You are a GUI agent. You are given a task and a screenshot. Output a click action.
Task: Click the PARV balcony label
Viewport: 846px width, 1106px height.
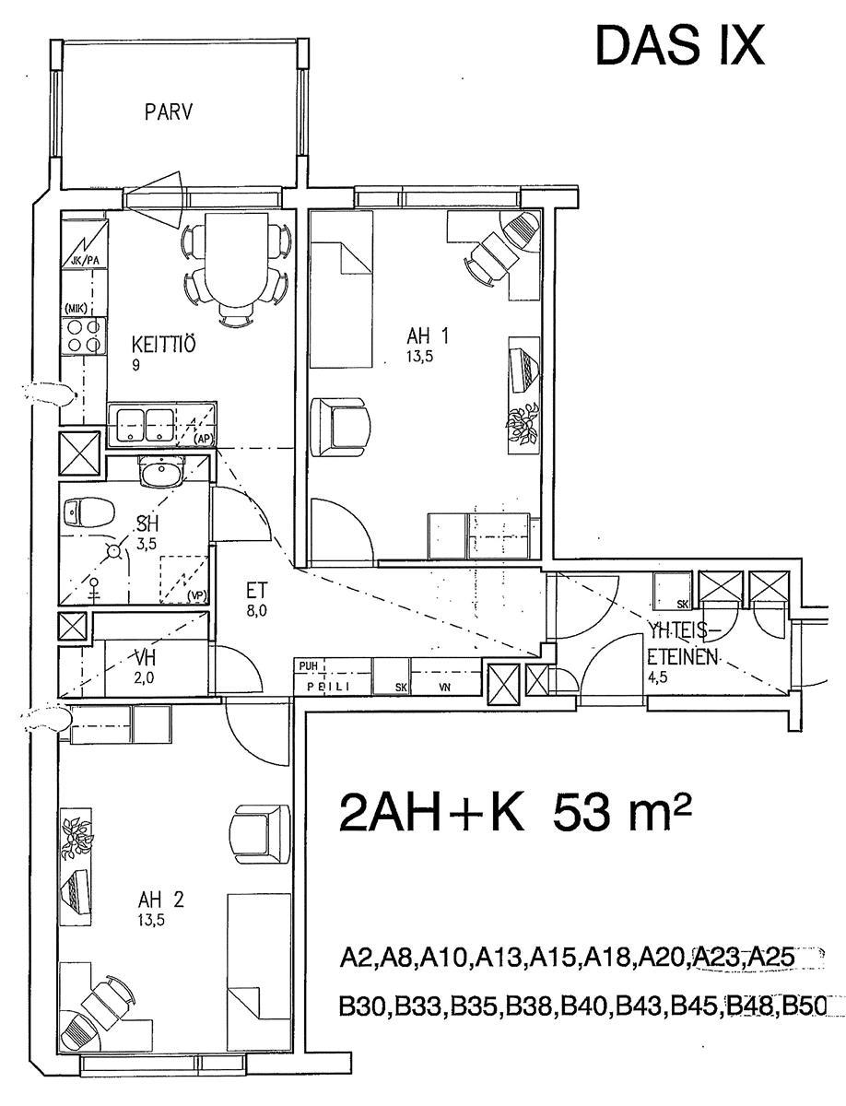(x=169, y=112)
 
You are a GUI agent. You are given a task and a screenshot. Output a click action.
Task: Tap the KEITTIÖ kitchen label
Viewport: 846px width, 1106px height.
(x=163, y=345)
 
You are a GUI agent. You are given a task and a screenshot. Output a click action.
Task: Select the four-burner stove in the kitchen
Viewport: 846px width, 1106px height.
(x=84, y=336)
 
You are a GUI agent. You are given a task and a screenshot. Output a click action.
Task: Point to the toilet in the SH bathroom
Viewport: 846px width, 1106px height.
(x=88, y=512)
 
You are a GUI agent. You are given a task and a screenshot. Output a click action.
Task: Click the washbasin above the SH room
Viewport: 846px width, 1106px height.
(x=161, y=471)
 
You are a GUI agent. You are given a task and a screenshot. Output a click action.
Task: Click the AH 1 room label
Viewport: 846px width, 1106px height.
(x=428, y=335)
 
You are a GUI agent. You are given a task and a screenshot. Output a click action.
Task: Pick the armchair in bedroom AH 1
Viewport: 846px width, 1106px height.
(x=340, y=427)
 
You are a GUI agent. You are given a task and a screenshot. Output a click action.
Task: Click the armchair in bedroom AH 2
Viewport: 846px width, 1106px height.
(x=260, y=833)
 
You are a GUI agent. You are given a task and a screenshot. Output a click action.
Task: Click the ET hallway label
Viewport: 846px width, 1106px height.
(x=256, y=590)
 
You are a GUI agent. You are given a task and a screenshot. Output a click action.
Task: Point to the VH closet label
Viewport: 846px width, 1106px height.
(x=144, y=658)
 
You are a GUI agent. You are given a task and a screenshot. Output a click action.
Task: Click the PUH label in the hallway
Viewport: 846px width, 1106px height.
(x=308, y=666)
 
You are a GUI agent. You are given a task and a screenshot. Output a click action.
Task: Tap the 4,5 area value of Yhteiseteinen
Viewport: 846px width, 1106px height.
(x=658, y=677)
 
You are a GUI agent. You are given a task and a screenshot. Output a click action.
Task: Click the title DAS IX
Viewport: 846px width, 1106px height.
(x=680, y=46)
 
